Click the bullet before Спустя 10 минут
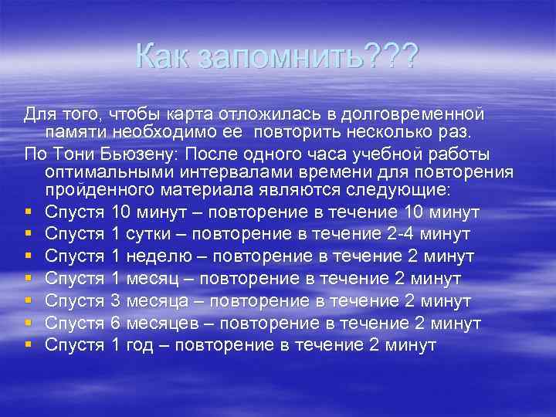pyautogui.click(x=28, y=212)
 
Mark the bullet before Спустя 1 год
pyautogui.click(x=28, y=345)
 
